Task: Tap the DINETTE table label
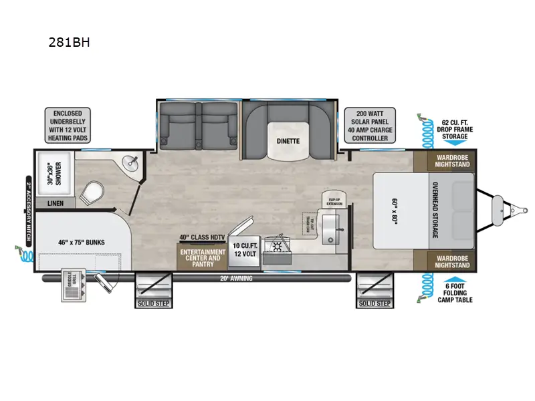click(289, 141)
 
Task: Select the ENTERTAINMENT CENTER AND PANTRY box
click(201, 257)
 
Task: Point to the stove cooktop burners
click(275, 249)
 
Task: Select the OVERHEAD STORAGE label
click(435, 210)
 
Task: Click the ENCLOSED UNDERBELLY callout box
click(68, 125)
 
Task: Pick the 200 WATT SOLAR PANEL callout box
click(370, 125)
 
